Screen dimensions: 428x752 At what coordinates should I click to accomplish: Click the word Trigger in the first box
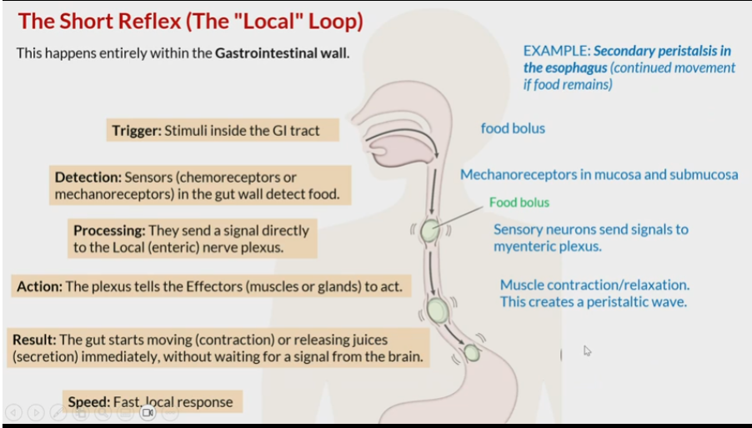click(x=136, y=130)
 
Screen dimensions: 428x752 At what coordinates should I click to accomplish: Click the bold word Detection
click(x=88, y=177)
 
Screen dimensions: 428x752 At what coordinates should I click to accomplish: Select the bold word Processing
click(x=109, y=230)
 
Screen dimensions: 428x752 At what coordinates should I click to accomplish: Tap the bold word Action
click(x=39, y=286)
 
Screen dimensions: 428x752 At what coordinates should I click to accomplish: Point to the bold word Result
click(x=33, y=340)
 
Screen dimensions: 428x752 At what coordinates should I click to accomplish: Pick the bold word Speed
click(x=88, y=402)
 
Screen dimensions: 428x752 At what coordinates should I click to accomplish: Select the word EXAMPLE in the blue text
click(x=556, y=50)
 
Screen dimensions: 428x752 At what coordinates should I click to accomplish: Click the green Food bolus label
click(x=519, y=202)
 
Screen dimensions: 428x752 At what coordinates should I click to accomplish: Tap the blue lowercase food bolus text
click(x=513, y=128)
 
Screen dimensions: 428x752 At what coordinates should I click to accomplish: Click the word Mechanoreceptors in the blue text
click(x=515, y=174)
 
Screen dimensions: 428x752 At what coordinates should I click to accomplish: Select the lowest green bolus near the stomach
click(x=472, y=353)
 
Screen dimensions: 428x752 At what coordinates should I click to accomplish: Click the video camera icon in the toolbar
click(x=148, y=411)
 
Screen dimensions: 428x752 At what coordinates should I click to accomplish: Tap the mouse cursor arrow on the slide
click(x=587, y=350)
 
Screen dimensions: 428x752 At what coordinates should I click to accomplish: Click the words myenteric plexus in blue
click(x=547, y=246)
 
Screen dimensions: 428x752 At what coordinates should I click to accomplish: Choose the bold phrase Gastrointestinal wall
click(x=281, y=53)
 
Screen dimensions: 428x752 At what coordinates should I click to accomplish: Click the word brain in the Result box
click(x=404, y=357)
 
